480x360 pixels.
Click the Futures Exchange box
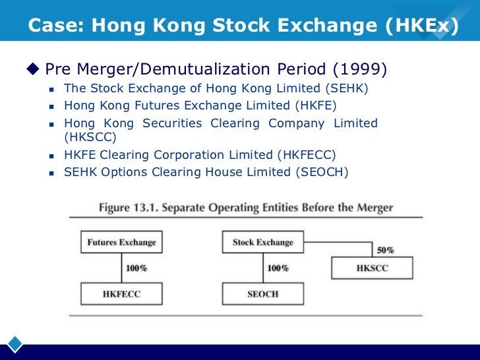(x=121, y=242)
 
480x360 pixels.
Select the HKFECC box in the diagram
(x=121, y=293)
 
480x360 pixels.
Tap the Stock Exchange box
(x=262, y=242)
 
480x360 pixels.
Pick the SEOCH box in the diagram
(x=262, y=293)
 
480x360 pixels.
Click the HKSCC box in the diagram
(x=372, y=268)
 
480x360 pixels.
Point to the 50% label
(x=385, y=251)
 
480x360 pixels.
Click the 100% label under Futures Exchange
(x=136, y=268)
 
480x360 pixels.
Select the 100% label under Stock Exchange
(x=277, y=268)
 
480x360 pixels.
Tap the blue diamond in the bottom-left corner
(x=15, y=344)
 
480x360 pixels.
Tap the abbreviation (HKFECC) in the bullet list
(x=307, y=155)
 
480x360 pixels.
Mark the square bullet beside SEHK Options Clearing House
(x=51, y=173)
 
